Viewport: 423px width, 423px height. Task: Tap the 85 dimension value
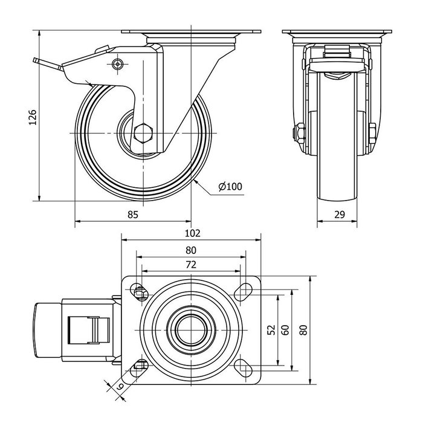[133, 214]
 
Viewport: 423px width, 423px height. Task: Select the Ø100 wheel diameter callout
[230, 187]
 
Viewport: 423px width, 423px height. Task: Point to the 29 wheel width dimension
[338, 214]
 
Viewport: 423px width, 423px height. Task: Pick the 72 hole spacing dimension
[191, 265]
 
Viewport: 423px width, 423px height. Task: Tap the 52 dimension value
[271, 330]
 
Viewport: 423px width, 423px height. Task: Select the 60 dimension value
[285, 330]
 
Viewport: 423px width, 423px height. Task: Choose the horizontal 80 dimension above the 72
[191, 250]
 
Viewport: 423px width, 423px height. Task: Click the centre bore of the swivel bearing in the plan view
[191, 330]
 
